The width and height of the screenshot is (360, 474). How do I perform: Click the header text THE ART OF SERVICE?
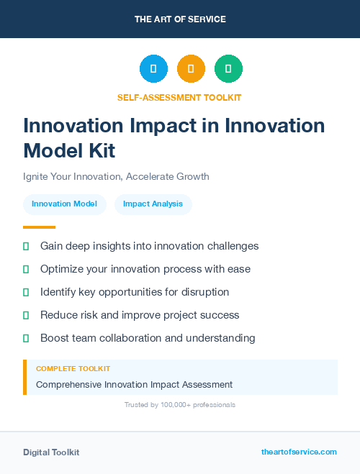(180, 19)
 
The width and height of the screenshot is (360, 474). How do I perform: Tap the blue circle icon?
(153, 69)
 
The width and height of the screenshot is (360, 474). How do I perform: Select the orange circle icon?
(191, 69)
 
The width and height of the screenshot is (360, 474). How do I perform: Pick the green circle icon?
(228, 69)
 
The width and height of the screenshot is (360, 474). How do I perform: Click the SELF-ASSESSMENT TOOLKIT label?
(180, 97)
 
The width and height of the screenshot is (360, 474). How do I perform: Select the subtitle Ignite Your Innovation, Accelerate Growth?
(116, 176)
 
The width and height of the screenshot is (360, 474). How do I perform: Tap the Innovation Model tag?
(65, 204)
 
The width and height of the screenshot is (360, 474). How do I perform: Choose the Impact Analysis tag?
(153, 204)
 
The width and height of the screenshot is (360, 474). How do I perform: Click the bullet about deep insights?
(149, 246)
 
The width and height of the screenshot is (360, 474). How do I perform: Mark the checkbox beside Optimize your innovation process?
(26, 269)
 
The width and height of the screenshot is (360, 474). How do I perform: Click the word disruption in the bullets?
(204, 292)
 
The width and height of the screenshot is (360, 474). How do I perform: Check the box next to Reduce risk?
(26, 315)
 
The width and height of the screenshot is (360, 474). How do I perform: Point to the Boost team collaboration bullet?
(148, 338)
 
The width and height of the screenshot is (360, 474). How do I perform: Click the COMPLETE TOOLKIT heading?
(73, 368)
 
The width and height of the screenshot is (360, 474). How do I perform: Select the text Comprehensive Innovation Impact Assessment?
(134, 385)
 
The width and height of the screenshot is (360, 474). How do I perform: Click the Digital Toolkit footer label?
(51, 452)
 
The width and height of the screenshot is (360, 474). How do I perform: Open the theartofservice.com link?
(299, 452)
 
